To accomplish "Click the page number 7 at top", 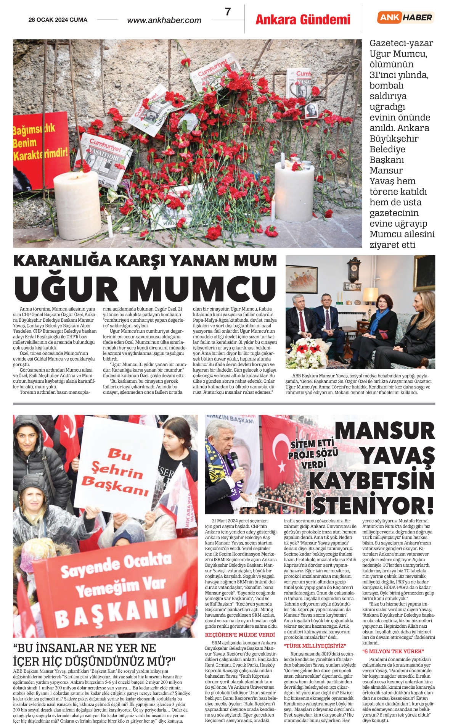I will point(228,12).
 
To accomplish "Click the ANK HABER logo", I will point(406,17).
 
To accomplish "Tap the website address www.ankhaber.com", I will point(164,20).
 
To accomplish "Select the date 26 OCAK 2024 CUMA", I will point(58,20).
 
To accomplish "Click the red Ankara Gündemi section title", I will point(303,19).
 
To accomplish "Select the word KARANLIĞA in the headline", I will point(63,261).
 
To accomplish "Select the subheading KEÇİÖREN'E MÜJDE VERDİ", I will point(240,635).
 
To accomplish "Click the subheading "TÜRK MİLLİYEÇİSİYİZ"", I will point(315,646).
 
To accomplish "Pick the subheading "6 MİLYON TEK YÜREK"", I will point(393,651).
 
